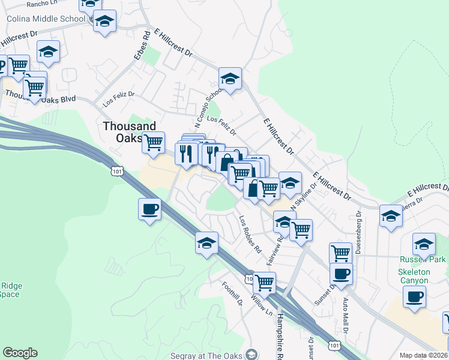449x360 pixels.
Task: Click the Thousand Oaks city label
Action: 129,131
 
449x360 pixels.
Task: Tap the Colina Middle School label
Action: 46,19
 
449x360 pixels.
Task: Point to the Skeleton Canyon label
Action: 414,276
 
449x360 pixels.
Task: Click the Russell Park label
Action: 423,260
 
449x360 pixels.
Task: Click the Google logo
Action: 20,353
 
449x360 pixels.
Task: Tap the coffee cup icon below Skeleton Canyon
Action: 414,296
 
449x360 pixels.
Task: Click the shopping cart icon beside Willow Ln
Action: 264,281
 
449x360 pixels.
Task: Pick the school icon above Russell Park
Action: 424,244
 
